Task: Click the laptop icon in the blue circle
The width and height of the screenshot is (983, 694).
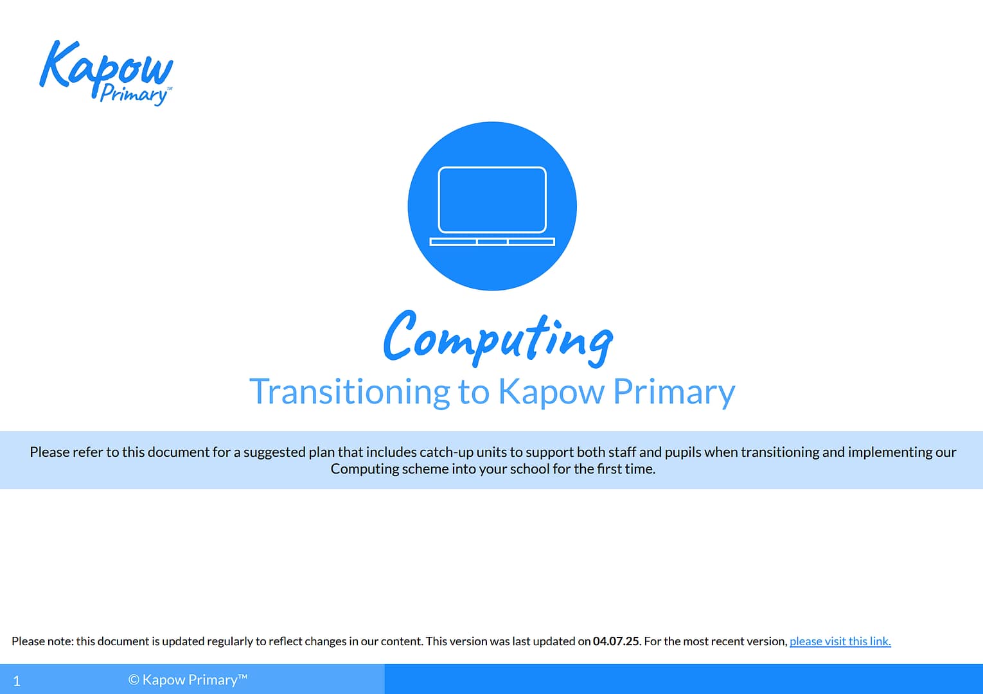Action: [x=492, y=206]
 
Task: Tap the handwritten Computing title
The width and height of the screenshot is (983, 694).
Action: [x=498, y=337]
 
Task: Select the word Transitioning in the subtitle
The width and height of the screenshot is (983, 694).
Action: [x=350, y=391]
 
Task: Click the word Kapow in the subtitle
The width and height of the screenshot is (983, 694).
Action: [x=551, y=391]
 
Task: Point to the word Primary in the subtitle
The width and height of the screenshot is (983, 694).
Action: [x=674, y=391]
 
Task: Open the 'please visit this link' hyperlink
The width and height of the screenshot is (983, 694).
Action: [x=840, y=641]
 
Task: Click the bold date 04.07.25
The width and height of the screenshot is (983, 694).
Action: [x=615, y=641]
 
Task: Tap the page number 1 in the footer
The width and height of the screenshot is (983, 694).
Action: [x=17, y=681]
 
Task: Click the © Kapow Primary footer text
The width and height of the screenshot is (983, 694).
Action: [x=188, y=680]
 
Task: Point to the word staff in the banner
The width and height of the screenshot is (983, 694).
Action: [x=621, y=452]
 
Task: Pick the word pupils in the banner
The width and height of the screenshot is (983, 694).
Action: [x=683, y=452]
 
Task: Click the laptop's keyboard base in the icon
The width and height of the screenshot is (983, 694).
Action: [x=492, y=242]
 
